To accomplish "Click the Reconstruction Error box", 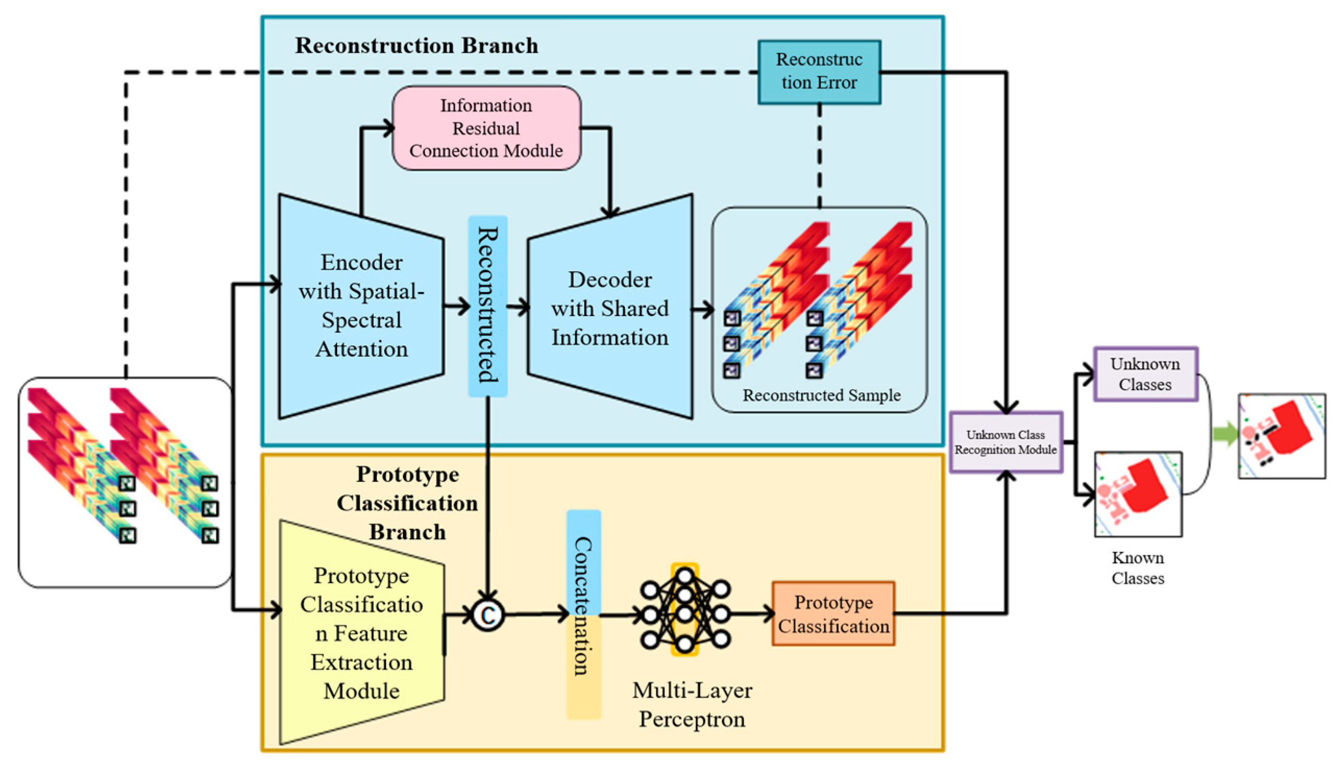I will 819,72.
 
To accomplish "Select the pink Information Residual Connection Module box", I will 486,128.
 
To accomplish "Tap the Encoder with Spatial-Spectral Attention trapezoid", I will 361,306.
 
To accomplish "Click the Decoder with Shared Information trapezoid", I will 610,307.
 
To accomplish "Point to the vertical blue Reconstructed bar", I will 487,306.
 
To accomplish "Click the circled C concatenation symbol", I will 487,614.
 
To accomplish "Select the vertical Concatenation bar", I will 583,614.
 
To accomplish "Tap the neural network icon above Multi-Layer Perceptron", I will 685,610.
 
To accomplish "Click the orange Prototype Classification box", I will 833,614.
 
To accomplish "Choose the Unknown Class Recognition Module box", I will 1005,442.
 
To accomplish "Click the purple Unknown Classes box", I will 1145,374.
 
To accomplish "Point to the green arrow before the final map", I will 1225,434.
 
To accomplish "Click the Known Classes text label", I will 1138,568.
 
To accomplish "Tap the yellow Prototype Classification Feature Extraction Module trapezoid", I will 361,633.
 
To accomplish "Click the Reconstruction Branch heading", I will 416,46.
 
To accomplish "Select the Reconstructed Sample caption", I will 821,395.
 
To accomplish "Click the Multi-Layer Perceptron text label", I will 692,705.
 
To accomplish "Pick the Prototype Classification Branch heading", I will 407,503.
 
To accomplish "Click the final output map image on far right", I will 1282,436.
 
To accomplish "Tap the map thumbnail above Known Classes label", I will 1138,494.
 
